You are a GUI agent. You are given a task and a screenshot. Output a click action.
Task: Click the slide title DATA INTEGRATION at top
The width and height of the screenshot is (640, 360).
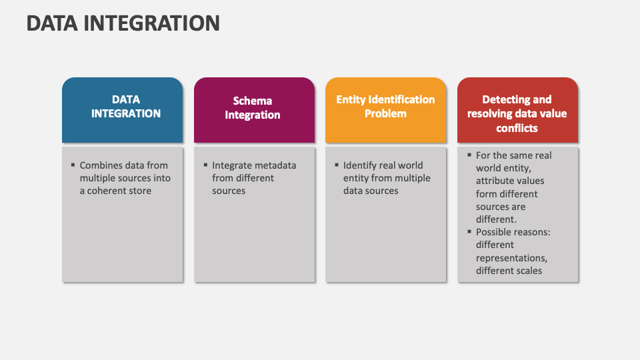[123, 23]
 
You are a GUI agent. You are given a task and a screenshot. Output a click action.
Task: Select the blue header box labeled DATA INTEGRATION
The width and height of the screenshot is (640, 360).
[123, 110]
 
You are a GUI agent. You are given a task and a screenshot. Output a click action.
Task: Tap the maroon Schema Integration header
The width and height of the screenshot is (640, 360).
[254, 110]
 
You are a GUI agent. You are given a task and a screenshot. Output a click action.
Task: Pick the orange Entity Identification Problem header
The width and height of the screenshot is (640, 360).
[386, 110]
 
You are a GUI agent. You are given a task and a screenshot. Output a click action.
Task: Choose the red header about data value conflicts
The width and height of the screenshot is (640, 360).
[517, 110]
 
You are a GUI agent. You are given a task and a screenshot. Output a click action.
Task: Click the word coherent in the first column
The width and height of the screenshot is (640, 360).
[119, 191]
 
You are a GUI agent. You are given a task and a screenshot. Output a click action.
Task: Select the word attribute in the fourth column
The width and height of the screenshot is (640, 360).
[493, 181]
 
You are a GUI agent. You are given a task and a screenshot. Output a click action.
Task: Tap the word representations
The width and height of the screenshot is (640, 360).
[511, 259]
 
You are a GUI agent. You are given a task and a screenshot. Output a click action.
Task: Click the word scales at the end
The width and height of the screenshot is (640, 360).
[529, 271]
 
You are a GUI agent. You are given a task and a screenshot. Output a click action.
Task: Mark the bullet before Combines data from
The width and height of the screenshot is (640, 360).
[73, 165]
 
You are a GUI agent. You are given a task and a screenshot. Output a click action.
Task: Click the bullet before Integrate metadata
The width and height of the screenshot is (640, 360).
[205, 165]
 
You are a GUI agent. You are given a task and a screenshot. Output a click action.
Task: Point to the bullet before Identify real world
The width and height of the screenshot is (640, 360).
[337, 165]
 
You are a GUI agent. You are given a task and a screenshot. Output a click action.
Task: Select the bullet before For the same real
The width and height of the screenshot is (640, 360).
[469, 155]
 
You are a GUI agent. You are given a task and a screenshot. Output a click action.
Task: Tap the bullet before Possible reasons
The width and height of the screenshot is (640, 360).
[469, 231]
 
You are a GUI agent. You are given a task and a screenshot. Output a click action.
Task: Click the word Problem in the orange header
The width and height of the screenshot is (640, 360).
[385, 113]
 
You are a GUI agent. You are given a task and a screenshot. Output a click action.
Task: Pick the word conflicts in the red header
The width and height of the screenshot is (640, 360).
[517, 128]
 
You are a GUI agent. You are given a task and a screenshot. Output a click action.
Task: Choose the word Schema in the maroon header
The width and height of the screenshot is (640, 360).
[252, 101]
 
